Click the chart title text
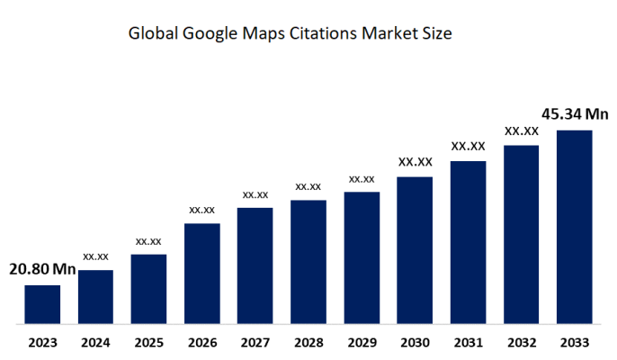(x=290, y=35)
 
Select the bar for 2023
(x=42, y=304)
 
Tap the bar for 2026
(x=202, y=274)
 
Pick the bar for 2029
(x=362, y=257)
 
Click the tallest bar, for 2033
(x=575, y=227)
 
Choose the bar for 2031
(x=468, y=242)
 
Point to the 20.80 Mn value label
(x=42, y=269)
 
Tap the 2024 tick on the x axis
(x=95, y=342)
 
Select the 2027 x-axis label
(x=255, y=342)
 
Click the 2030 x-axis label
(x=415, y=342)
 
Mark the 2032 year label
(x=521, y=342)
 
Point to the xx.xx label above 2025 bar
(x=148, y=241)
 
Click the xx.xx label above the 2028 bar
(x=308, y=186)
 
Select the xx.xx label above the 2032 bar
(x=521, y=130)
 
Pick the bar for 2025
(x=148, y=289)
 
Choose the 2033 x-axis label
(x=575, y=342)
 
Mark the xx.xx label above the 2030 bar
(x=415, y=162)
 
